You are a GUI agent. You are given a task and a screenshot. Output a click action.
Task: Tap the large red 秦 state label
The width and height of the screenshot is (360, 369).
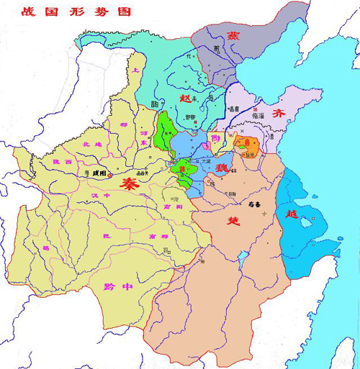[130, 183]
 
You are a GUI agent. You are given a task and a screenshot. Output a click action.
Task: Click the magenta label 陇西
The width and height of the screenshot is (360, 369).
[62, 163]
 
